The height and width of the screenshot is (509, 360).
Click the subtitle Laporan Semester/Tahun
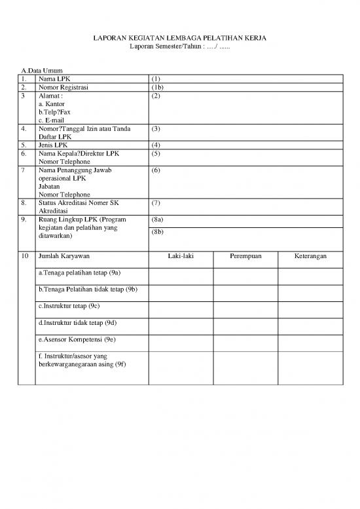(x=180, y=48)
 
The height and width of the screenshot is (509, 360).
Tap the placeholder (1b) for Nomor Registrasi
(x=157, y=86)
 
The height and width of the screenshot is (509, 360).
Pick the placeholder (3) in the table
(x=156, y=129)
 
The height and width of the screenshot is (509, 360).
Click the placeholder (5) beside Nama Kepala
(x=156, y=153)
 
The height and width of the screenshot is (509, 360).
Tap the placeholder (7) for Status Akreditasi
(x=156, y=203)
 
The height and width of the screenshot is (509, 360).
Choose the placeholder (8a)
(x=157, y=220)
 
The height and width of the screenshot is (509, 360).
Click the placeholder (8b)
(x=157, y=232)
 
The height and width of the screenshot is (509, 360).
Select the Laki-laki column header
(x=180, y=256)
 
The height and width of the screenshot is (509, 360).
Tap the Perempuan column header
(x=245, y=256)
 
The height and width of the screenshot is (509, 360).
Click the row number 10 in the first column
(x=25, y=256)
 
